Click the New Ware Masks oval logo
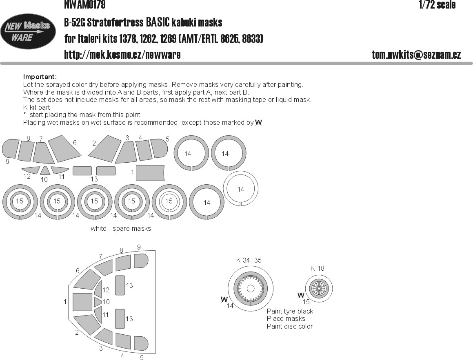click(28, 31)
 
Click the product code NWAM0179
click(85, 4)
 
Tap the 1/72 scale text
click(437, 4)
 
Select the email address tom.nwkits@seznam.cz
click(416, 55)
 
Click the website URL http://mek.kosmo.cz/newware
click(122, 55)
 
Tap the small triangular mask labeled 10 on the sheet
click(45, 170)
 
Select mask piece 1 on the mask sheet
click(150, 172)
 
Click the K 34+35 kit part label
click(249, 260)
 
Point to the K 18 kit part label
click(318, 268)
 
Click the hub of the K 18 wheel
click(319, 288)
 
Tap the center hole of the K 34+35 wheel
click(251, 289)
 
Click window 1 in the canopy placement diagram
click(82, 302)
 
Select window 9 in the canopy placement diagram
click(141, 261)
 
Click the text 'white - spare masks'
click(121, 229)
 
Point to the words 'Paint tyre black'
click(290, 311)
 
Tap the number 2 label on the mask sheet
click(94, 144)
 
